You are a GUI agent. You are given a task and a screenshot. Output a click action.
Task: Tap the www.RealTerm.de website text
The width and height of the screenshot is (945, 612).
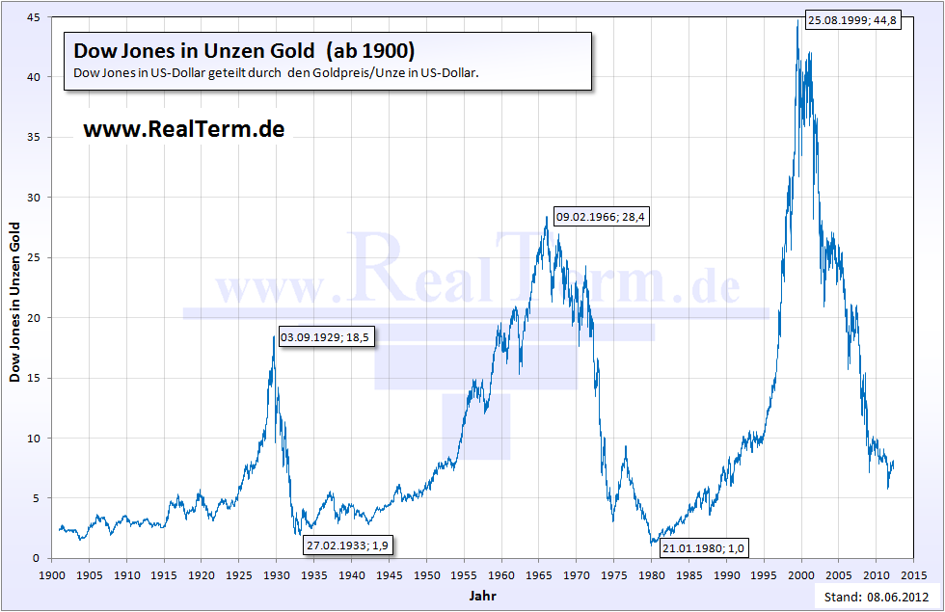(183, 129)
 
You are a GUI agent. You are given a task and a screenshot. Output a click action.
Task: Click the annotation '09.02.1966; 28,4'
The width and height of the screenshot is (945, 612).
(601, 217)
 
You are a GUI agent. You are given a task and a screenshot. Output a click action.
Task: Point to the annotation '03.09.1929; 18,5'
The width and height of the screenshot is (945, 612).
(325, 337)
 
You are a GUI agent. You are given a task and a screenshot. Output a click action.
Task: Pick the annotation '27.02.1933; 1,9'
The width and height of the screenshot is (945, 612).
(349, 545)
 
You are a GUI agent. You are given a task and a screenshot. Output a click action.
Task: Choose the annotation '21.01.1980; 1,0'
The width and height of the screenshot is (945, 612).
(704, 547)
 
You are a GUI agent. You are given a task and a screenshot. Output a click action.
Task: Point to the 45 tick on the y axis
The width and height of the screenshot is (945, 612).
(33, 17)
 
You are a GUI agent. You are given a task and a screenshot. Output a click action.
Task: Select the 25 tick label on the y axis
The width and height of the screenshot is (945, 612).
(33, 257)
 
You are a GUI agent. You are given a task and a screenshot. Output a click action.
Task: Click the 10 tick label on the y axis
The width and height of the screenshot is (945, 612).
(33, 438)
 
